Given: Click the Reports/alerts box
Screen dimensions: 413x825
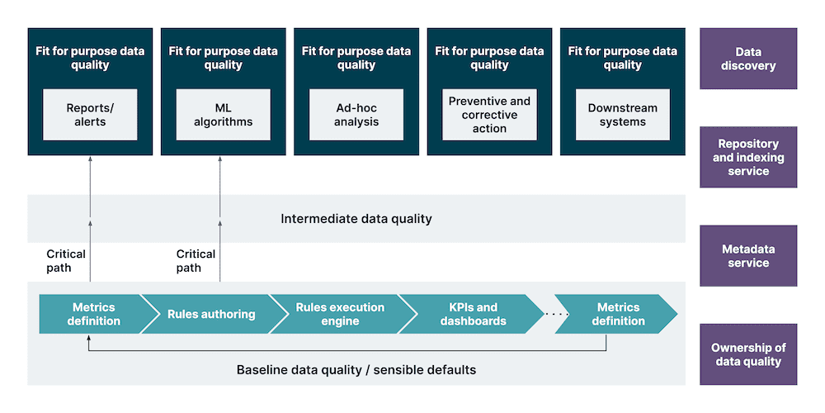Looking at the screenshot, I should coord(90,115).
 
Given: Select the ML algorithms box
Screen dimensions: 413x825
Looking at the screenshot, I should coord(223,115).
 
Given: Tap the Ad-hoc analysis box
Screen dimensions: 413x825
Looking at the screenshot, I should coord(356,115).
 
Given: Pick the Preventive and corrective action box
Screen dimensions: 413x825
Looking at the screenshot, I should coord(489,115).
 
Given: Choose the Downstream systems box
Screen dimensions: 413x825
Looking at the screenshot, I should coord(623,115).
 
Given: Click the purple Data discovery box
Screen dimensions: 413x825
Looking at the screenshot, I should coord(748,59).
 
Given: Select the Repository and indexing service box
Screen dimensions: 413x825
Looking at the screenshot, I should coord(748,157).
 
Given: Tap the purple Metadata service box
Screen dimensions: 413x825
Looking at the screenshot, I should coord(748,256).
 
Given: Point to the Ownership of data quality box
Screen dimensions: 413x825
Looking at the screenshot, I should coord(748,354).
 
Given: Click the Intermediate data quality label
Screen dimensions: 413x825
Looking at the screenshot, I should coord(356,219).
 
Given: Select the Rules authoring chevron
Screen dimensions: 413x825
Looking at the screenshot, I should coord(211,314).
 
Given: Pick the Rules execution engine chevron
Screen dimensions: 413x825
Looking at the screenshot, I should coord(340,314).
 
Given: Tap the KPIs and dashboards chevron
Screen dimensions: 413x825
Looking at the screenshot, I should coord(473,314).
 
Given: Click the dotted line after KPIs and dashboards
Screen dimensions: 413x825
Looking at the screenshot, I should coord(557,314).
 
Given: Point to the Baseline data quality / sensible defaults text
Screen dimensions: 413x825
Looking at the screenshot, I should coord(356,369).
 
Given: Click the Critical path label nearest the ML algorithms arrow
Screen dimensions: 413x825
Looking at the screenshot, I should coord(196,260).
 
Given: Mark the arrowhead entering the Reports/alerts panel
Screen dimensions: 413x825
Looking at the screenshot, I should coord(90,160).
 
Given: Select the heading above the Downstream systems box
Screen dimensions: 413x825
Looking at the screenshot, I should coord(623,58).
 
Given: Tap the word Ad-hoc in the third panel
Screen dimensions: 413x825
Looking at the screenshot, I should coord(356,108).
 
